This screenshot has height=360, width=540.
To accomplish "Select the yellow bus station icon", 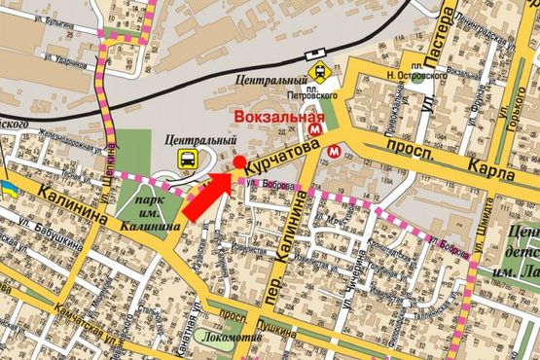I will click(185, 158).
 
